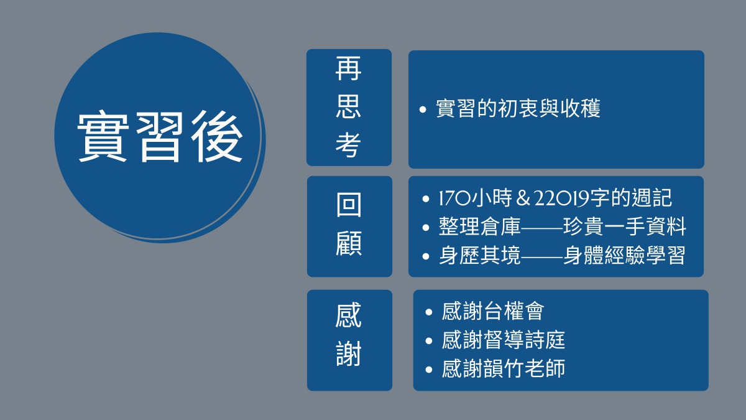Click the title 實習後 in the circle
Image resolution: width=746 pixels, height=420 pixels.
pyautogui.click(x=160, y=137)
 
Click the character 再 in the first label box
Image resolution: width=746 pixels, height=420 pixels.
pyautogui.click(x=348, y=68)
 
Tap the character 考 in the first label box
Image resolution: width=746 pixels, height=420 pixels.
pyautogui.click(x=348, y=145)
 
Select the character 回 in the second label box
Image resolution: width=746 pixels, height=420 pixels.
pyautogui.click(x=349, y=204)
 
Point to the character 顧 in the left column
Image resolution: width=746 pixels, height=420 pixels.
pyautogui.click(x=349, y=243)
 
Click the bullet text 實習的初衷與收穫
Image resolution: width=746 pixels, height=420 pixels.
pyautogui.click(x=518, y=108)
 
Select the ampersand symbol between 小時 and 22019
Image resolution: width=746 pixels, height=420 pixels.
pyautogui.click(x=523, y=198)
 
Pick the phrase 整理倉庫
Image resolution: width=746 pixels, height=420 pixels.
pyautogui.click(x=479, y=226)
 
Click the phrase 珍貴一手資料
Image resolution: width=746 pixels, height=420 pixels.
pyautogui.click(x=624, y=226)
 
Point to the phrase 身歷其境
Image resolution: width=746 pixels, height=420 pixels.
pyautogui.click(x=479, y=255)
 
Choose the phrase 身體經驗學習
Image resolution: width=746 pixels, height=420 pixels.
pyautogui.click(x=624, y=255)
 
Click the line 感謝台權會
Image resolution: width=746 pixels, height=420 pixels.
pyautogui.click(x=493, y=311)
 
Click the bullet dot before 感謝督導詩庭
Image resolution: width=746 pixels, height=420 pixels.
pyautogui.click(x=429, y=341)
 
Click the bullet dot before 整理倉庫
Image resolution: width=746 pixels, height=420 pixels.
pyautogui.click(x=426, y=228)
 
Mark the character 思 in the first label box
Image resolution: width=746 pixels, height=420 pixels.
pyautogui.click(x=348, y=106)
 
